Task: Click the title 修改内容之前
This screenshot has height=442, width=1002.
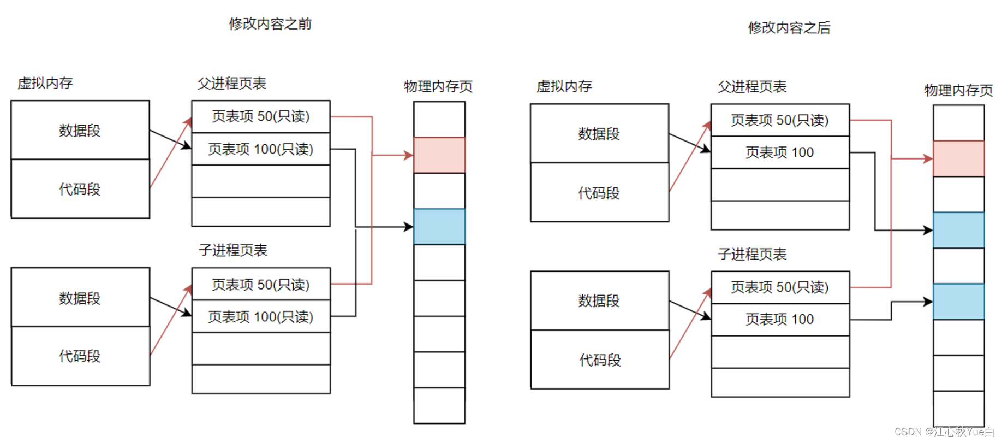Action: pyautogui.click(x=270, y=24)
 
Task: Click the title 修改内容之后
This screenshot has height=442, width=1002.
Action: pyautogui.click(x=789, y=28)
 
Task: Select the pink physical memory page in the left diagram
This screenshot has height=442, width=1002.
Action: pyautogui.click(x=439, y=155)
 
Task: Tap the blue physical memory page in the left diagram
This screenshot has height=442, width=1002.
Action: pyautogui.click(x=439, y=227)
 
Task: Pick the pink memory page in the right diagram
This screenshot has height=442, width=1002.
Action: pyautogui.click(x=958, y=159)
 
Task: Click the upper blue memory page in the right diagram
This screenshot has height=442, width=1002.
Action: pyautogui.click(x=958, y=230)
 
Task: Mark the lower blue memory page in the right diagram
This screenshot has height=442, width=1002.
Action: pyautogui.click(x=958, y=302)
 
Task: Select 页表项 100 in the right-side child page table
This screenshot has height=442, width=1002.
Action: pyautogui.click(x=780, y=320)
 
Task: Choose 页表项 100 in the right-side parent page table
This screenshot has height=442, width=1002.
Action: pyautogui.click(x=780, y=152)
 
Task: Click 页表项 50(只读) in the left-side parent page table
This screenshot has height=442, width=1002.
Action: pyautogui.click(x=261, y=116)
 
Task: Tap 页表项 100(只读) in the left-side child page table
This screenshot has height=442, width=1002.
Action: pyautogui.click(x=261, y=317)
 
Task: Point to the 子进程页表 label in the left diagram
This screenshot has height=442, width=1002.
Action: pyautogui.click(x=233, y=250)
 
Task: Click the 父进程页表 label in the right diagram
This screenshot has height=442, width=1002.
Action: pyautogui.click(x=752, y=87)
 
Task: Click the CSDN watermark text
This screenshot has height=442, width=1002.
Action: pyautogui.click(x=944, y=432)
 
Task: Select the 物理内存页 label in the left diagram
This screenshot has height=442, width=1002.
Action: pyautogui.click(x=438, y=86)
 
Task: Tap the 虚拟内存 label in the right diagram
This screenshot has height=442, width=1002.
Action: pyautogui.click(x=564, y=86)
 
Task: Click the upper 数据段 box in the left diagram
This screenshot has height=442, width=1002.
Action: pyautogui.click(x=80, y=130)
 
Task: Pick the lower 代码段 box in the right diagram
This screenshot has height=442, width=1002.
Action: pyautogui.click(x=600, y=360)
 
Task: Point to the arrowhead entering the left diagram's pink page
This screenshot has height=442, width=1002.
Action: pyautogui.click(x=409, y=155)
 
